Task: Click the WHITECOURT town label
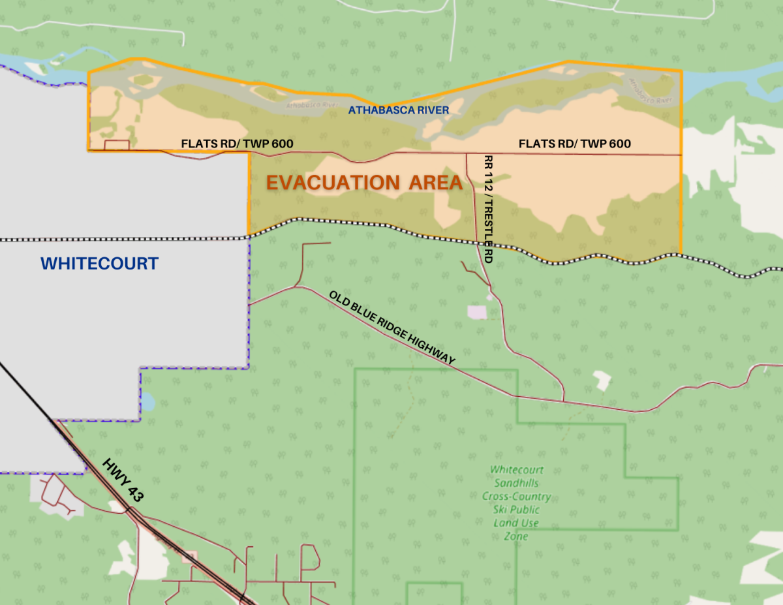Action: click(99, 264)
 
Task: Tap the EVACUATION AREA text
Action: click(364, 183)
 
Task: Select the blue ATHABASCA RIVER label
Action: click(398, 110)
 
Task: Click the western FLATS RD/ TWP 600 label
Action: click(237, 144)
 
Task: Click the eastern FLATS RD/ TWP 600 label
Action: click(574, 144)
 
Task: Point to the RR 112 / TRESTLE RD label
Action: click(487, 208)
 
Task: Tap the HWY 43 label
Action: click(123, 480)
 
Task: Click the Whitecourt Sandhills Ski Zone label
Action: click(516, 503)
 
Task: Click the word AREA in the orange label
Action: click(435, 183)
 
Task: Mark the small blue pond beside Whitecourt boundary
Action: click(147, 401)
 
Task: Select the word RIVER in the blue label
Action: click(433, 110)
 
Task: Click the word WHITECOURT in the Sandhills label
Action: click(516, 470)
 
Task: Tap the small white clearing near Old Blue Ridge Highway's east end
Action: click(602, 379)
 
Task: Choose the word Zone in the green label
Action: click(515, 536)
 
